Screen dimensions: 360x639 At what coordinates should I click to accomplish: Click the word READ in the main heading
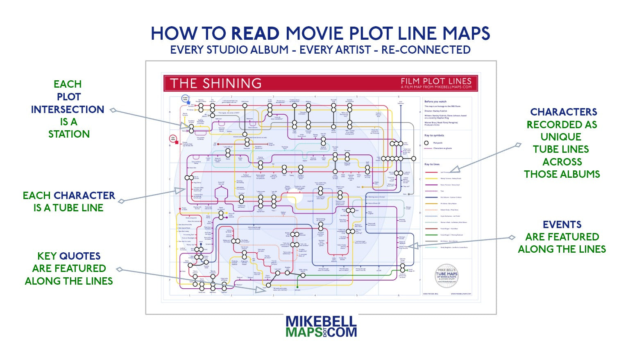(x=255, y=34)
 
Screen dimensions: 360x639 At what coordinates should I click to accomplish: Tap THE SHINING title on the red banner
(x=216, y=83)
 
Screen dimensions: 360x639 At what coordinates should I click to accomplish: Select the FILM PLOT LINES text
(x=436, y=81)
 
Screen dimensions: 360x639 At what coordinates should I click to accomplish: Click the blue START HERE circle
(x=185, y=99)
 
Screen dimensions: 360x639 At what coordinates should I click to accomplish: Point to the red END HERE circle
(x=173, y=138)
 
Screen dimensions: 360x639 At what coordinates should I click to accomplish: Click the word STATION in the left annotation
(x=69, y=134)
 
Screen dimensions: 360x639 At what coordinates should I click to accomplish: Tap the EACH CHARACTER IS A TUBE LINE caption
(x=69, y=202)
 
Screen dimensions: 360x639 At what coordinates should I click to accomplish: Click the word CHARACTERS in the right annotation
(x=563, y=112)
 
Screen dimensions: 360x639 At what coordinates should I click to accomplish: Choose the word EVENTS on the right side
(x=562, y=224)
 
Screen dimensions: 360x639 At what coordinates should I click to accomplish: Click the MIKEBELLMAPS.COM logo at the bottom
(x=321, y=326)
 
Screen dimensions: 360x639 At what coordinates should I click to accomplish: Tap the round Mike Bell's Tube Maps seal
(x=446, y=276)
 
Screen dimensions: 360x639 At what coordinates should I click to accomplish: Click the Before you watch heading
(x=435, y=102)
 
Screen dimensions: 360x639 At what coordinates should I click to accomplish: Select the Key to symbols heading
(x=434, y=135)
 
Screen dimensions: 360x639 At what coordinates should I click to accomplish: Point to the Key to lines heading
(x=432, y=164)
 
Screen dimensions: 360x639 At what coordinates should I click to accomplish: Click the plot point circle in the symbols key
(x=426, y=143)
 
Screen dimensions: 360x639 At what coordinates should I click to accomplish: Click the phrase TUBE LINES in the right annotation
(x=561, y=149)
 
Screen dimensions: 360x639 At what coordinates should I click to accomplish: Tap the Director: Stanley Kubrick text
(x=436, y=111)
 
